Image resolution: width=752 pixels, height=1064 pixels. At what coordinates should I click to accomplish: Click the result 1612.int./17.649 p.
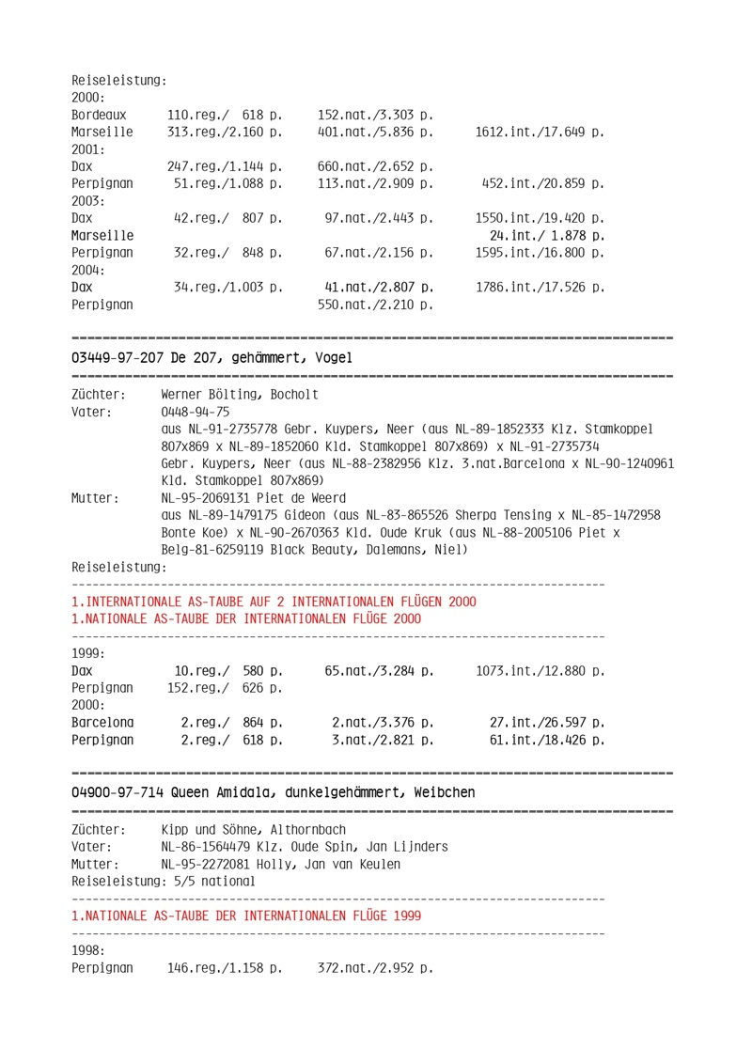tap(540, 133)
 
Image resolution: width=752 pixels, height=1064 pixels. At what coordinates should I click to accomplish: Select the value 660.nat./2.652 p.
tap(375, 166)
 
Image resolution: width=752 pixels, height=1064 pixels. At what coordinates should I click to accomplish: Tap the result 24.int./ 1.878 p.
tap(546, 235)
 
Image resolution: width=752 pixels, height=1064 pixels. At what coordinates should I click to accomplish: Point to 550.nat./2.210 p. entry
tap(375, 305)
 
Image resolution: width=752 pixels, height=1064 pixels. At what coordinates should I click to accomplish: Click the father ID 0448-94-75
tap(196, 412)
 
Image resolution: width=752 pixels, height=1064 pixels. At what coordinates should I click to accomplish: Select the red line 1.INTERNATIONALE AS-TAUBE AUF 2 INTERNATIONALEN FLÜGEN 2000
tap(274, 602)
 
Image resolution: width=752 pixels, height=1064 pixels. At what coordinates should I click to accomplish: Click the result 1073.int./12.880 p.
tap(540, 671)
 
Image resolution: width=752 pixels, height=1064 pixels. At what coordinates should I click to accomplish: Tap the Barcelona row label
tap(102, 723)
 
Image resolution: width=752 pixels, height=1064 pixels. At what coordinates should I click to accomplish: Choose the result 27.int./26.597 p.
tap(546, 723)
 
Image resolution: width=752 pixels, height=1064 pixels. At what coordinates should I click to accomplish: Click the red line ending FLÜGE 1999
tap(246, 915)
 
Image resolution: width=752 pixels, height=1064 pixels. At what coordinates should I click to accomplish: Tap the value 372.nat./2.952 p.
tap(375, 967)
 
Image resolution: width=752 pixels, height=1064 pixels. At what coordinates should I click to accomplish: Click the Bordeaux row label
tap(99, 115)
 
